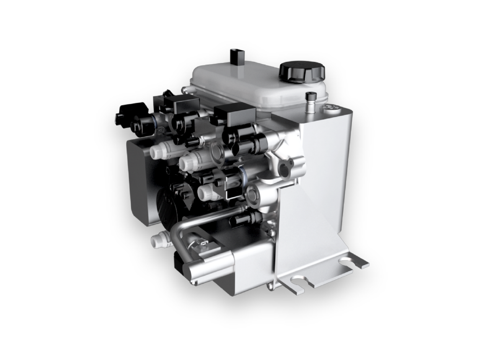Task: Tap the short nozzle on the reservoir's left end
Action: (186, 89)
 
